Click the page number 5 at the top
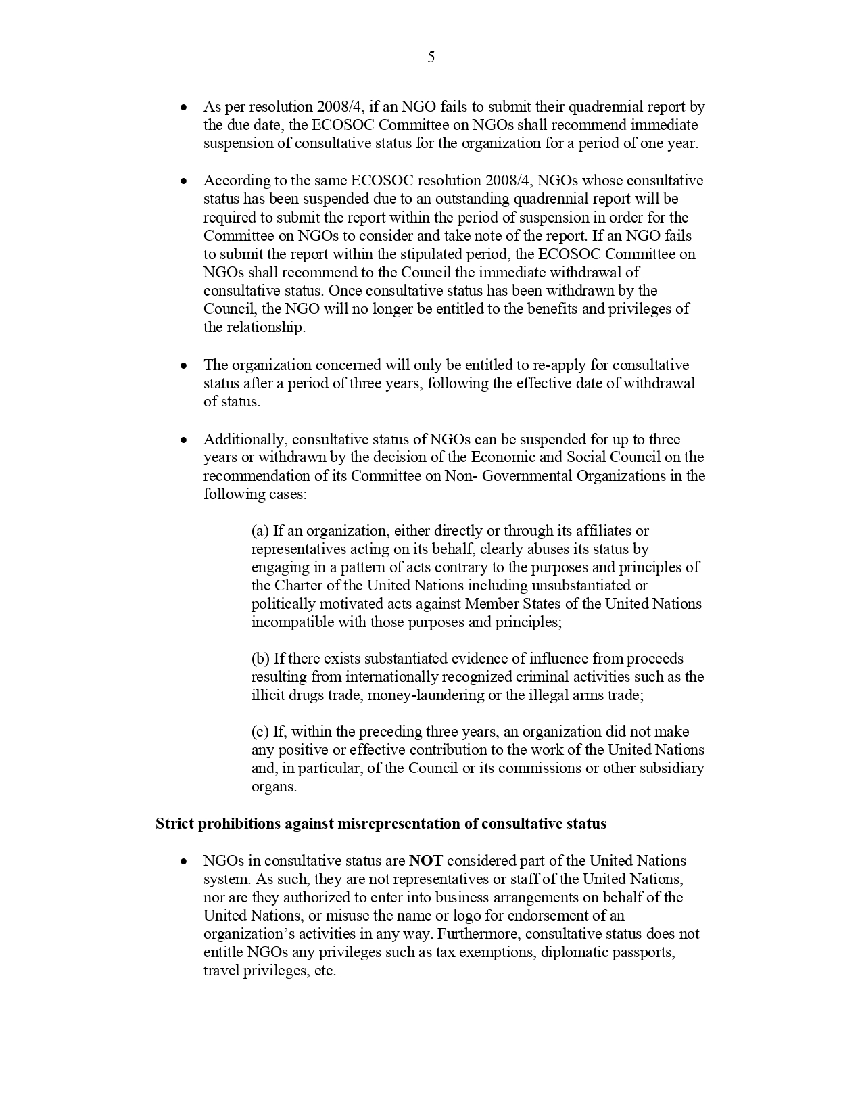click(431, 57)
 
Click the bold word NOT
click(425, 861)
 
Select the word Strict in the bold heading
click(174, 824)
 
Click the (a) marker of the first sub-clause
click(260, 531)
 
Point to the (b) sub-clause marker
click(261, 659)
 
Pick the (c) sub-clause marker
click(260, 732)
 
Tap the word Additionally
click(245, 440)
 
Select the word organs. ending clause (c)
click(274, 787)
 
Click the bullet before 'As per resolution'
click(183, 108)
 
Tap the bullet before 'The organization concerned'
click(183, 366)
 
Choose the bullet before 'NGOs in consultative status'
click(183, 862)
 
